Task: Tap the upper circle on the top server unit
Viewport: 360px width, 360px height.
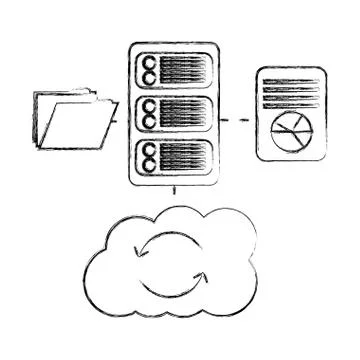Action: pyautogui.click(x=149, y=64)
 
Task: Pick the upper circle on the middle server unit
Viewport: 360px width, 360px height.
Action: pyautogui.click(x=149, y=105)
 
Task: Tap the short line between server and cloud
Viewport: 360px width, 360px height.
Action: pyautogui.click(x=175, y=189)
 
